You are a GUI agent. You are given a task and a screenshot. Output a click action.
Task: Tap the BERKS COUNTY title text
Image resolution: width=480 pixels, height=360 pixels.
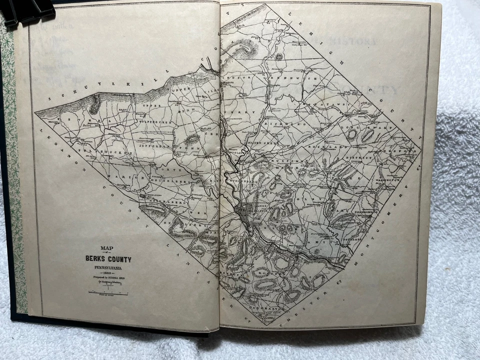(107, 259)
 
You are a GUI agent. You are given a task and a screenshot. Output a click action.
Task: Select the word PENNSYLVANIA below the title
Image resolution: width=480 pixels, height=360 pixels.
(107, 268)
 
